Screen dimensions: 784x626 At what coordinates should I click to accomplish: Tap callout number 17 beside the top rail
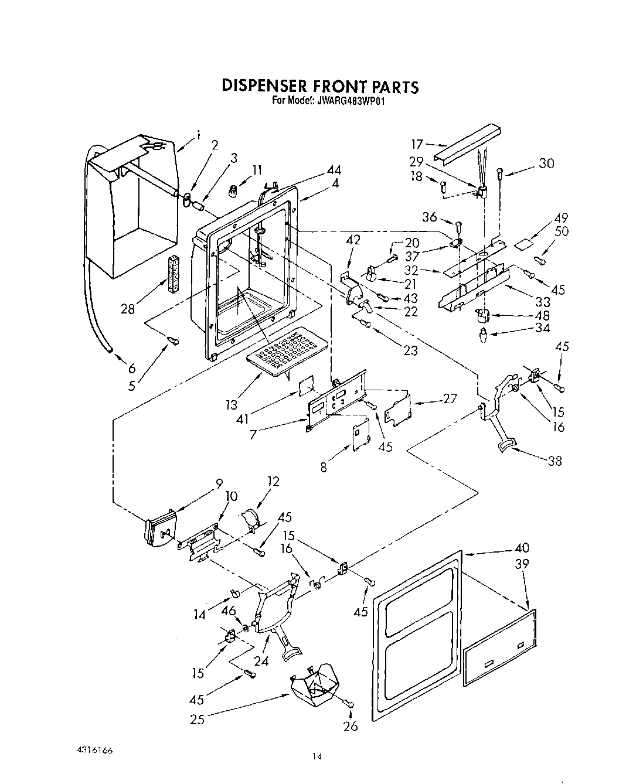pyautogui.click(x=417, y=144)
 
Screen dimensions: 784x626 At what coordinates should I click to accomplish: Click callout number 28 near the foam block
pyautogui.click(x=128, y=308)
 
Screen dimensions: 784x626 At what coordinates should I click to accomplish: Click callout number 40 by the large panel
pyautogui.click(x=521, y=547)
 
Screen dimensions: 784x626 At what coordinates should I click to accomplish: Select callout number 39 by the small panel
pyautogui.click(x=521, y=563)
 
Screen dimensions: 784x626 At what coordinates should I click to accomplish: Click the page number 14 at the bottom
pyautogui.click(x=317, y=756)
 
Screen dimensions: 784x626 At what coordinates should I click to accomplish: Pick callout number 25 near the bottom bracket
pyautogui.click(x=197, y=719)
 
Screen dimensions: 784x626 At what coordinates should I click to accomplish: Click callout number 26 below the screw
pyautogui.click(x=351, y=727)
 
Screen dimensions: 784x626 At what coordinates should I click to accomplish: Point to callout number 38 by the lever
pyautogui.click(x=554, y=461)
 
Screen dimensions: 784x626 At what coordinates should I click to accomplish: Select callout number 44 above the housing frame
pyautogui.click(x=334, y=170)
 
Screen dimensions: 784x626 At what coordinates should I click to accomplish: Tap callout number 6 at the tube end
pyautogui.click(x=132, y=367)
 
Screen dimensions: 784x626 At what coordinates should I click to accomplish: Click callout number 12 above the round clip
pyautogui.click(x=273, y=481)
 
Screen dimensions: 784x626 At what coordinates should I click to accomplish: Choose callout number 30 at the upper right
pyautogui.click(x=546, y=163)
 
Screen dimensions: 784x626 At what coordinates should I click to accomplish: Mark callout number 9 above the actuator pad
pyautogui.click(x=219, y=484)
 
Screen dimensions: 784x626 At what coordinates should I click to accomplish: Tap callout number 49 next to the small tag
pyautogui.click(x=561, y=218)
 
